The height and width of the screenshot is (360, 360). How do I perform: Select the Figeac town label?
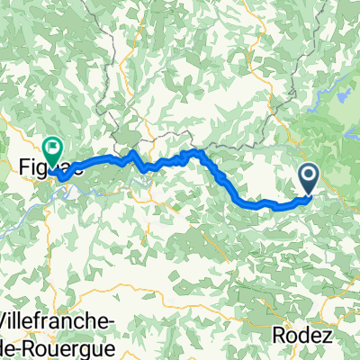pyautogui.click(x=40, y=166)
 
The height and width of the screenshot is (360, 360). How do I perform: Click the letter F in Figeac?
pyautogui.click(x=22, y=166)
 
